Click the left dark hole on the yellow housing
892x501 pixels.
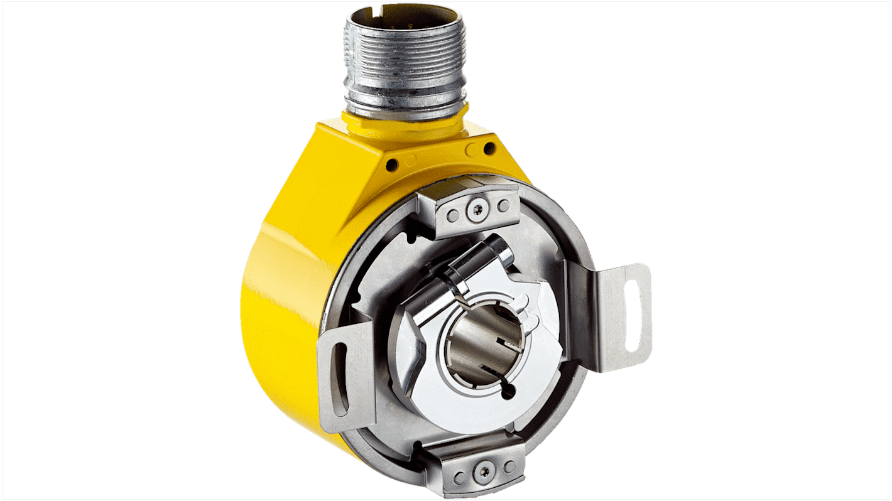point(392,164)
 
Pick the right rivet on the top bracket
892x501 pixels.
point(503,205)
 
